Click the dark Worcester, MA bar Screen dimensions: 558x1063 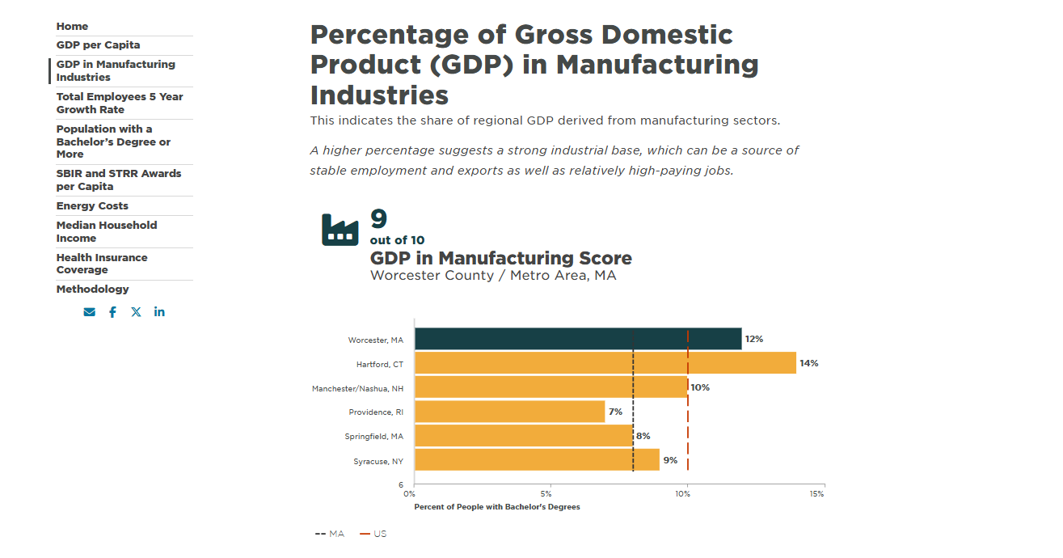577,339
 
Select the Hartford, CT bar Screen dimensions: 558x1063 605,363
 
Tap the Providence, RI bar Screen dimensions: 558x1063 509,412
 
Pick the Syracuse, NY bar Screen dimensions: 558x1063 537,460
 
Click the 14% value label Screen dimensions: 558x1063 808,363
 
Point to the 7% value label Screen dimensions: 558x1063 615,412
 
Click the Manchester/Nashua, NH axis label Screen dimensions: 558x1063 357,388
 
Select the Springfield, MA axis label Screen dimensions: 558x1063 373,437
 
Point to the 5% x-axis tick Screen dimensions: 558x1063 547,493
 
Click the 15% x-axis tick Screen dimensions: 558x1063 816,493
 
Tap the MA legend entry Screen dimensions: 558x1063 330,534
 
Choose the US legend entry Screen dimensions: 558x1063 373,534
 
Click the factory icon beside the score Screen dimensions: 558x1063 340,230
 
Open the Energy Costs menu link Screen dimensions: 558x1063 92,206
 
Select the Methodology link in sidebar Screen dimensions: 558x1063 92,290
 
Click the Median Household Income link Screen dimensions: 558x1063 106,232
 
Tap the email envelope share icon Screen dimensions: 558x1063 89,312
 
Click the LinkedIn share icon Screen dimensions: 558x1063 159,312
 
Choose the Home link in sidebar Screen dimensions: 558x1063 72,27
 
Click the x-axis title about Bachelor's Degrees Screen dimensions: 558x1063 496,507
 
